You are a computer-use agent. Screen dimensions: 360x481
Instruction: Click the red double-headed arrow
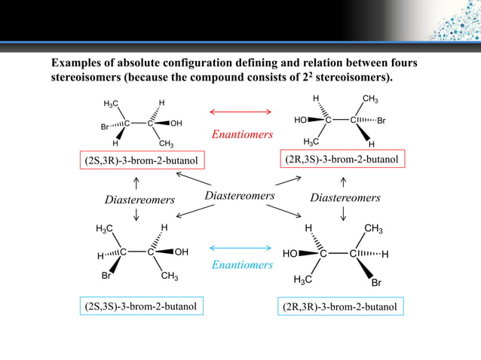[240, 112]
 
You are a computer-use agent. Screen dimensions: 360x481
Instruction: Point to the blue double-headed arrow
[240, 248]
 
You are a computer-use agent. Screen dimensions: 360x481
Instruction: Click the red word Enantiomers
[241, 136]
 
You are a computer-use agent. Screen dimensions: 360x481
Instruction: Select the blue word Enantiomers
[241, 265]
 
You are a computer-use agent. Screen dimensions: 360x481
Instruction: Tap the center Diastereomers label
[239, 197]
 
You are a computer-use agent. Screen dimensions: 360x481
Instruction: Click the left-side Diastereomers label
[139, 200]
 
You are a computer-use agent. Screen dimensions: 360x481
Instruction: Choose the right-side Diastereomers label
[345, 198]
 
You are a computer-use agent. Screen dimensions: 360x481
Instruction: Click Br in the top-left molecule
[106, 127]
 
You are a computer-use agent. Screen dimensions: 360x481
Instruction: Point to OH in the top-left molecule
[176, 123]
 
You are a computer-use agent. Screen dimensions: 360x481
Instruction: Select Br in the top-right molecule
[381, 120]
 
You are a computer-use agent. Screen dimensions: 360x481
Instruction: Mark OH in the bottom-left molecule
[182, 252]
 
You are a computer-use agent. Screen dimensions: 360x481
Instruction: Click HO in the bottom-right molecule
[290, 255]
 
